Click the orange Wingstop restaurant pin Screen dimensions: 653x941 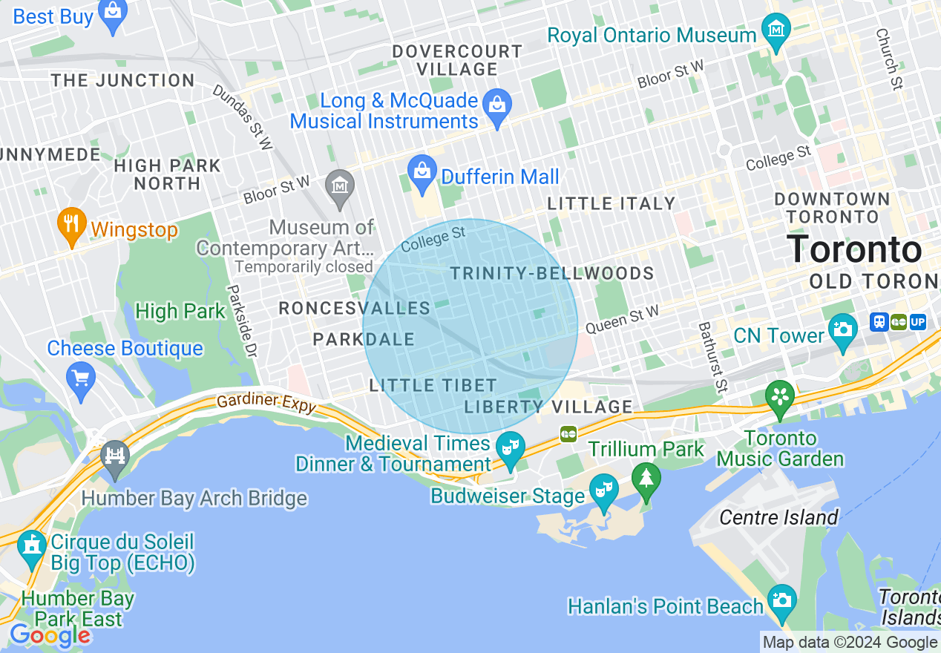point(71,226)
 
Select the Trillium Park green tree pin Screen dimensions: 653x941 point(646,479)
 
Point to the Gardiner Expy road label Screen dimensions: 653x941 point(266,404)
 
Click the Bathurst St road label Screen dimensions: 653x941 point(712,356)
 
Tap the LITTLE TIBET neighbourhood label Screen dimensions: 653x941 point(433,385)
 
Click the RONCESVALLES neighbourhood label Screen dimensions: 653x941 point(354,309)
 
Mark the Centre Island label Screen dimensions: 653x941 point(778,517)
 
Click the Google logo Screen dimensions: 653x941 point(50,635)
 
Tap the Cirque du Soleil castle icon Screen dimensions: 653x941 point(31,548)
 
